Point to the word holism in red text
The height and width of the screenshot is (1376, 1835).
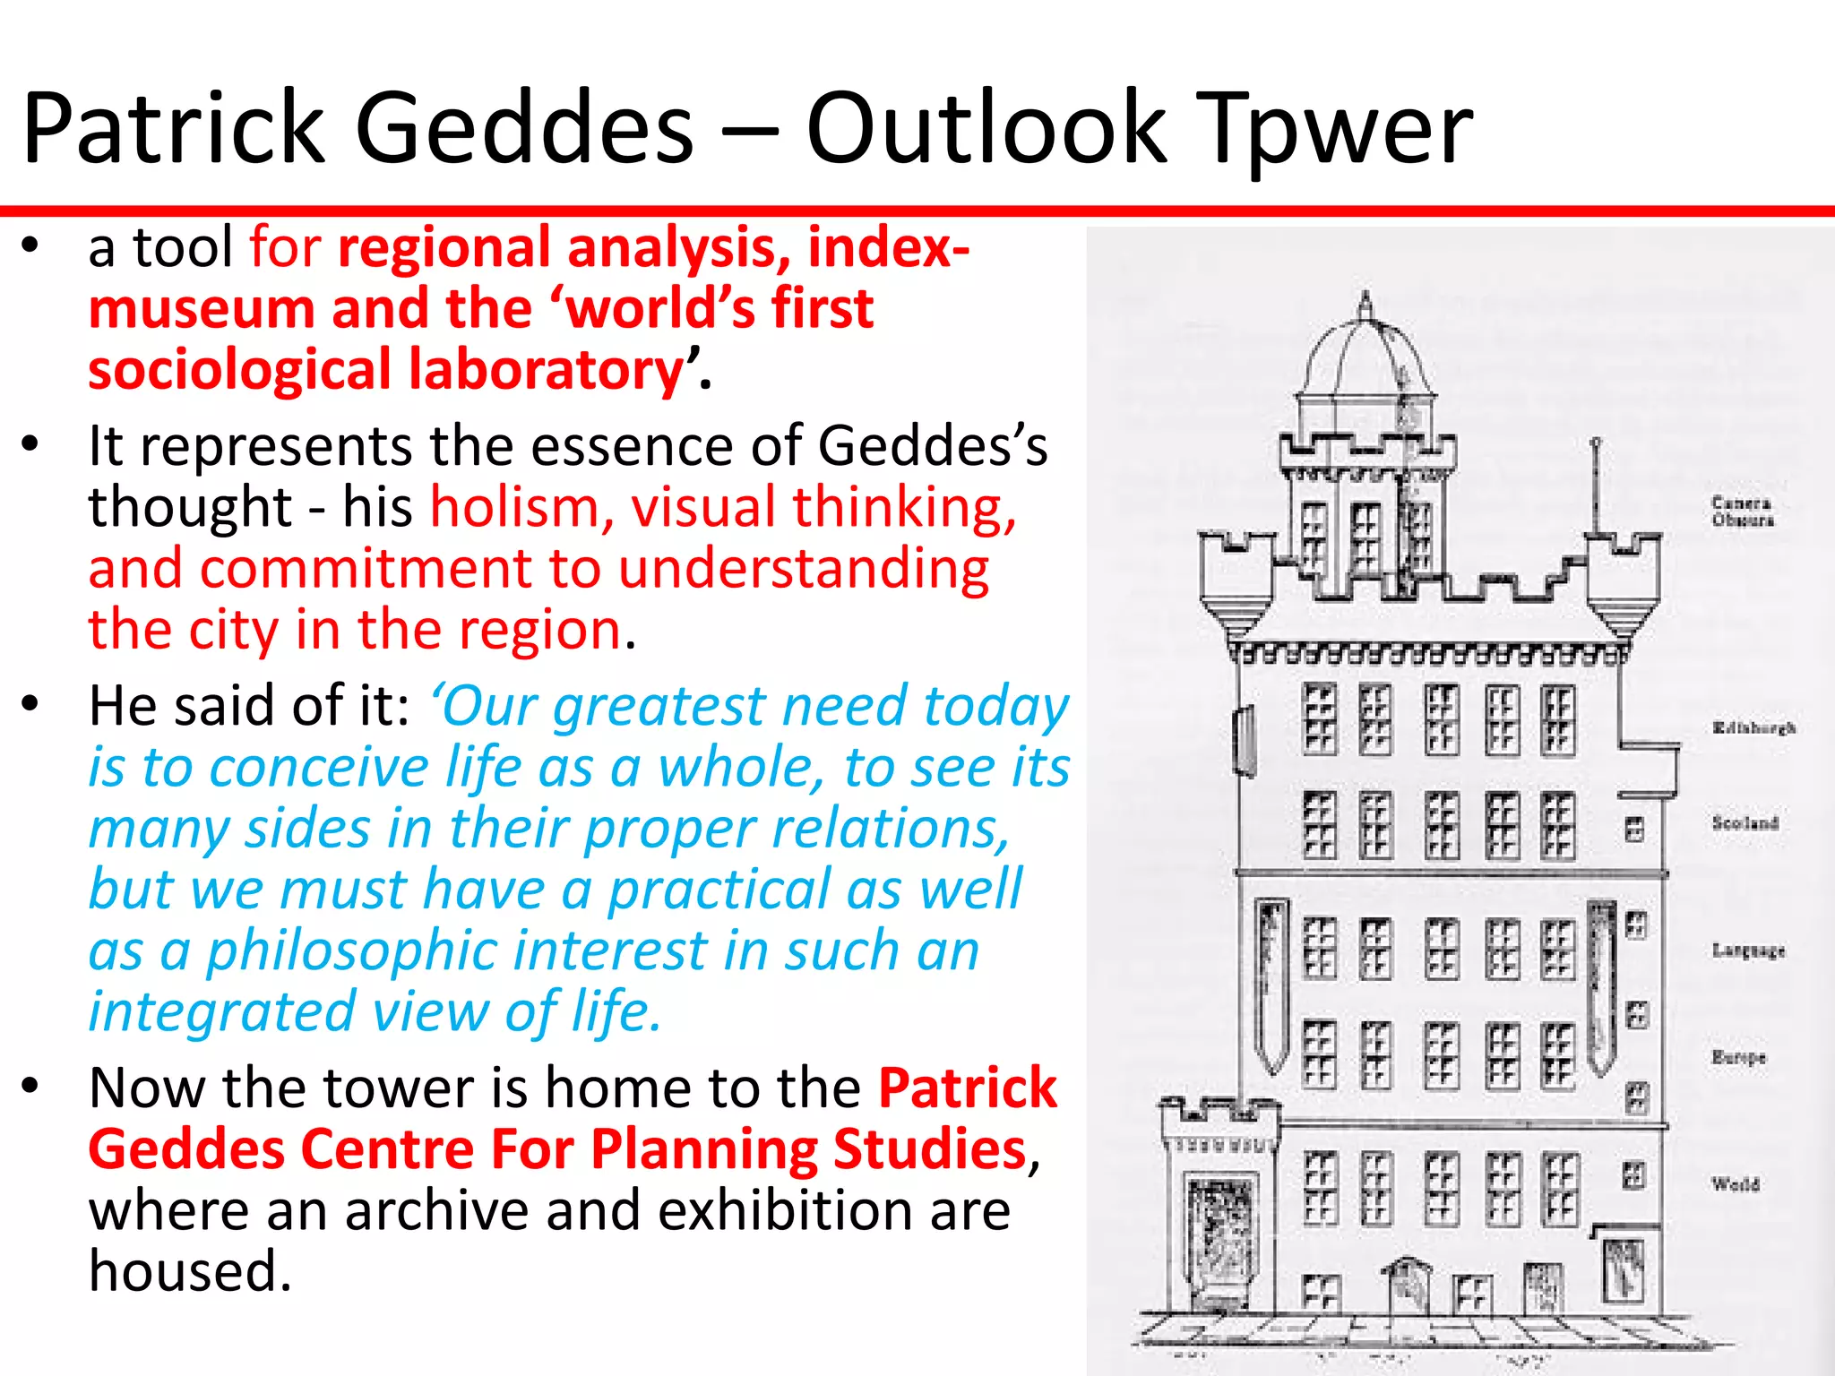pyautogui.click(x=514, y=507)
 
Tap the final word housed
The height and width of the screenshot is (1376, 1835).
pyautogui.click(x=190, y=1271)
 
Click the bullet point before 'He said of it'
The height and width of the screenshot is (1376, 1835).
pyautogui.click(x=31, y=703)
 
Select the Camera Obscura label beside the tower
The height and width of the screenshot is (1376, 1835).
pyautogui.click(x=1742, y=511)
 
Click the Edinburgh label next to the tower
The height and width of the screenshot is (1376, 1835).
pyautogui.click(x=1753, y=727)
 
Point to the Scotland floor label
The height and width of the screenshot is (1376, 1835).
pyautogui.click(x=1745, y=822)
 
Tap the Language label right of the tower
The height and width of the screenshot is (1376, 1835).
pyautogui.click(x=1748, y=950)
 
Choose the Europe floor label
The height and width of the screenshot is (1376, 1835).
pyautogui.click(x=1738, y=1057)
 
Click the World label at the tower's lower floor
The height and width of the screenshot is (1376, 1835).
pyautogui.click(x=1736, y=1184)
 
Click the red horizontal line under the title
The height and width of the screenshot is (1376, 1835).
pyautogui.click(x=917, y=211)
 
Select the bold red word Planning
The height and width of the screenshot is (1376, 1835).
pyautogui.click(x=703, y=1149)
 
